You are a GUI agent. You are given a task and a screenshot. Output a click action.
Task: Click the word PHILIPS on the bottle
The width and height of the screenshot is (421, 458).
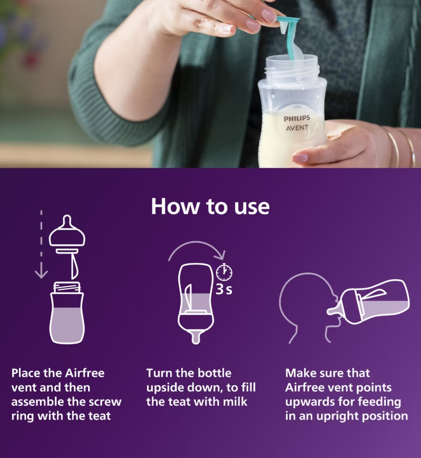point(297,118)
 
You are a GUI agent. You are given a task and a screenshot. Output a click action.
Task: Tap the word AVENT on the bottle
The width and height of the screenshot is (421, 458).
point(297,128)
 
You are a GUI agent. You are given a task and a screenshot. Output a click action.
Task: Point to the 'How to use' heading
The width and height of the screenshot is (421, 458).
point(210,207)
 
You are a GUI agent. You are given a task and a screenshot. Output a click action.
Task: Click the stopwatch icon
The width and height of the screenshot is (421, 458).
point(224,272)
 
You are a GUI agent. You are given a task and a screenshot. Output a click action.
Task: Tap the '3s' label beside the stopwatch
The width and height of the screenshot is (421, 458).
point(224,289)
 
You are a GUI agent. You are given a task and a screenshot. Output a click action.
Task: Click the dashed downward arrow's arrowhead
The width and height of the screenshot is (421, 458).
point(41,274)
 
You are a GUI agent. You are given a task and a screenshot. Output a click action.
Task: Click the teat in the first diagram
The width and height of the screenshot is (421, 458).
point(67,231)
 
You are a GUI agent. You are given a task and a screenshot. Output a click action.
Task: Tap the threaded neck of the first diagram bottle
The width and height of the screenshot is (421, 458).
point(67,287)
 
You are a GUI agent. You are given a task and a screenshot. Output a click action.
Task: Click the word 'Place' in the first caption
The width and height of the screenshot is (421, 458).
point(26,373)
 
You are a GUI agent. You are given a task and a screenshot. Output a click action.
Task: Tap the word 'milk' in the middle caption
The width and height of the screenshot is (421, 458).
point(235,402)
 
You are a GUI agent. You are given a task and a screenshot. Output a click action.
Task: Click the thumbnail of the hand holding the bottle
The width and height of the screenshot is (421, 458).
point(300,158)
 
